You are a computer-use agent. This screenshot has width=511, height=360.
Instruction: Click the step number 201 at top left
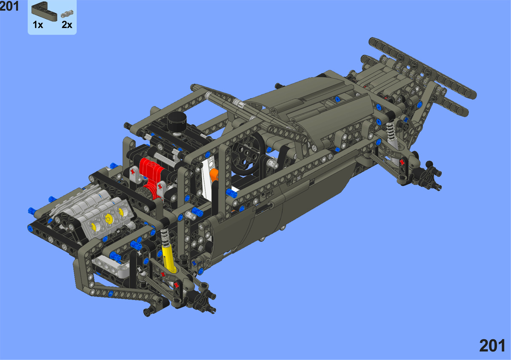[x=9, y=6]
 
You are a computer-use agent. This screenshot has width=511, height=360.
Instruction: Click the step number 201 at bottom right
[x=492, y=346]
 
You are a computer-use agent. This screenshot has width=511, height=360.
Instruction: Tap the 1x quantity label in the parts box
[x=38, y=25]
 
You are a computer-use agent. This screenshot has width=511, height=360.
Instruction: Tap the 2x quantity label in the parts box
[x=67, y=25]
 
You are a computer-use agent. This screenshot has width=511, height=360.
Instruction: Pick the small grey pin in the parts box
[x=67, y=14]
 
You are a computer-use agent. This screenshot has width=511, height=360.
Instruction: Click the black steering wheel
[x=248, y=154]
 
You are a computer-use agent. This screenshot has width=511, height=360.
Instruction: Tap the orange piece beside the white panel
[x=214, y=175]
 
